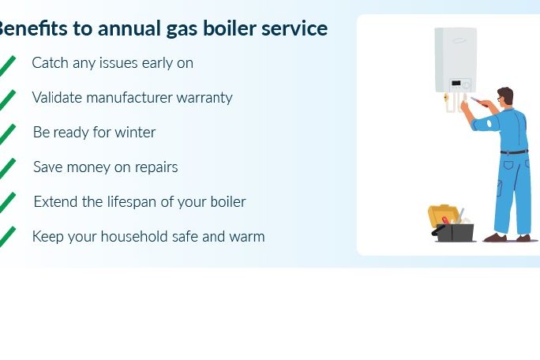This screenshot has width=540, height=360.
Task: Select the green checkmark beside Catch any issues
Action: click(x=7, y=66)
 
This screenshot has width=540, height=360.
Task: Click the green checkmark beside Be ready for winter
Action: click(x=7, y=134)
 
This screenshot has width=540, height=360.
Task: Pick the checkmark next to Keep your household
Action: click(x=7, y=237)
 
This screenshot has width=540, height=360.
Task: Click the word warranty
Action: click(x=204, y=98)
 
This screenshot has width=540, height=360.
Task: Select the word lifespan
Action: click(x=131, y=202)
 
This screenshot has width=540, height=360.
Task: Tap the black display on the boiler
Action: click(x=456, y=83)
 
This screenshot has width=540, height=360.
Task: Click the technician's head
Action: click(x=505, y=96)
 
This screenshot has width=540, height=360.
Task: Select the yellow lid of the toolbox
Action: click(x=443, y=214)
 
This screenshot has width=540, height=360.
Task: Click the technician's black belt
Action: click(x=514, y=152)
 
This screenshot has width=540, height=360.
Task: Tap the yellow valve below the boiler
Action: click(x=446, y=98)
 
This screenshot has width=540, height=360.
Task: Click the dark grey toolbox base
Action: click(x=454, y=233)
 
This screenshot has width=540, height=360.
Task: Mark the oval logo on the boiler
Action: click(x=459, y=40)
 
